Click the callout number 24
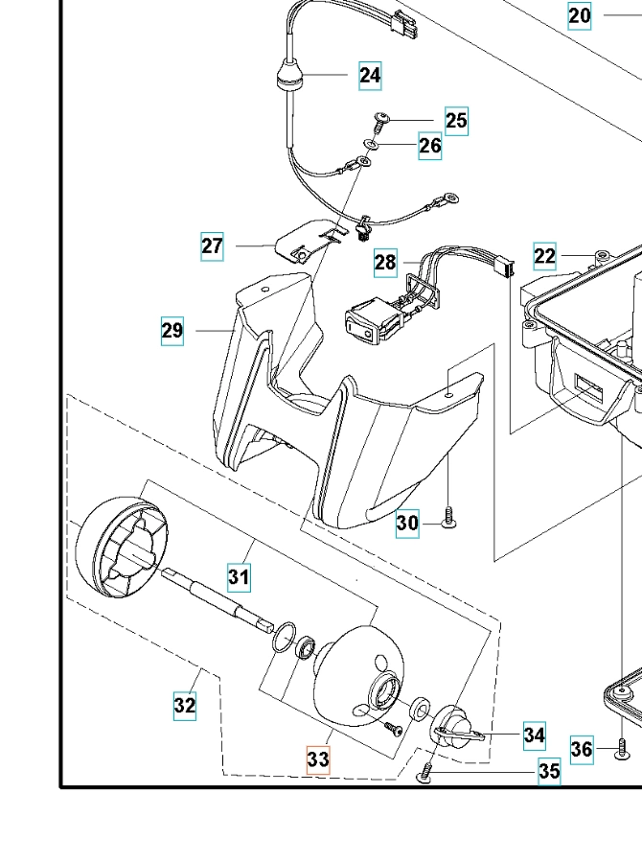(371, 75)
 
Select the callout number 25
(456, 121)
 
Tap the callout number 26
(430, 146)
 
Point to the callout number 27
(213, 246)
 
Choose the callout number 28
(385, 262)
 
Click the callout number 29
(172, 332)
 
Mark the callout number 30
(408, 523)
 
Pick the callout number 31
(239, 577)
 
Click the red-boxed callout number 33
(318, 759)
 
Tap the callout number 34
(535, 736)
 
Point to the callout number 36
(582, 749)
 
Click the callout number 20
(580, 15)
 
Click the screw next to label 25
(381, 121)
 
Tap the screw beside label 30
(447, 523)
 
